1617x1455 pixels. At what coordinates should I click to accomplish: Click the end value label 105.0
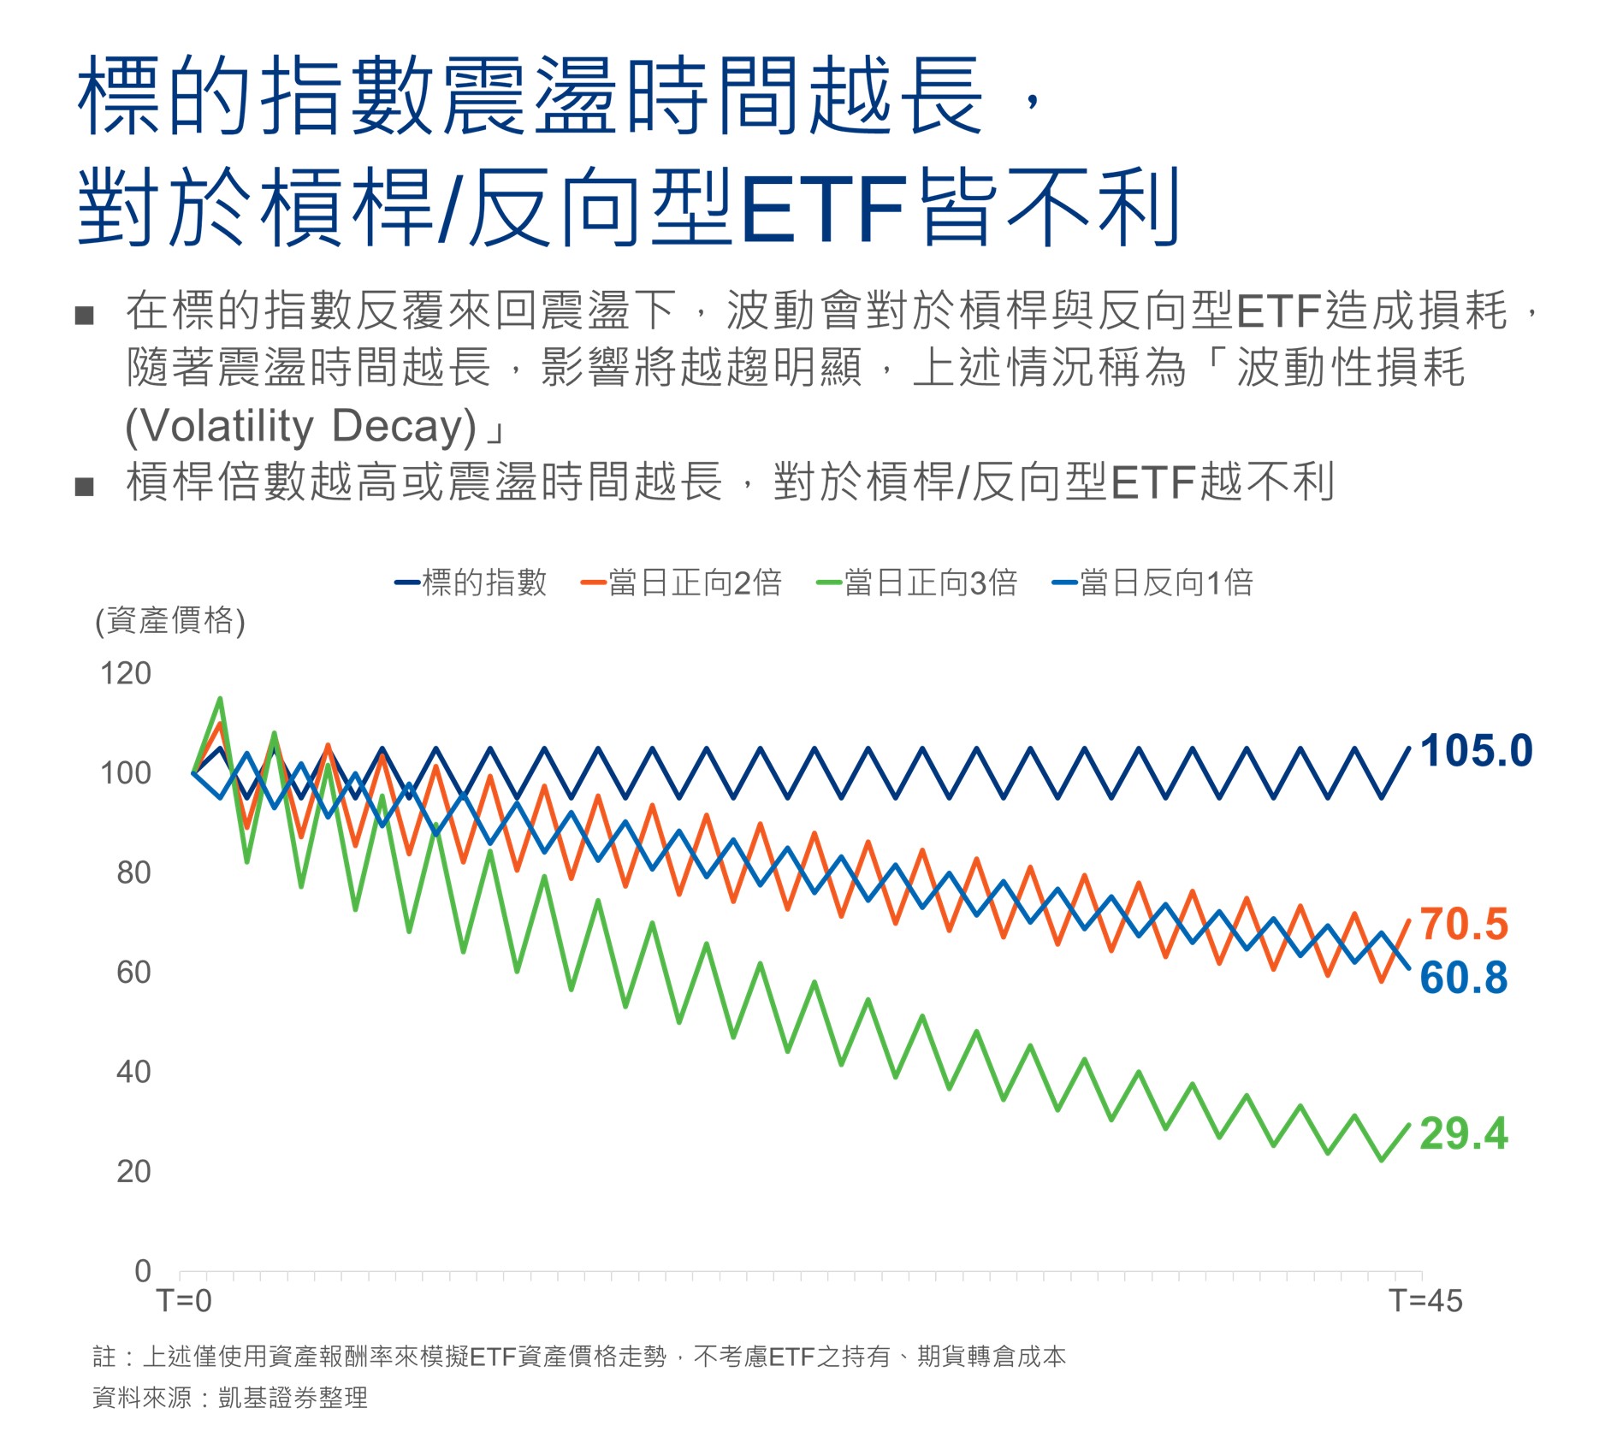[x=1476, y=751]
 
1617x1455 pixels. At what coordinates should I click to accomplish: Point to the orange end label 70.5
[x=1464, y=924]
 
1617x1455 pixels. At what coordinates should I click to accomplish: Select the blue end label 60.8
[x=1464, y=977]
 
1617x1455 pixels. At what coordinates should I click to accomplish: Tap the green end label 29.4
[x=1464, y=1133]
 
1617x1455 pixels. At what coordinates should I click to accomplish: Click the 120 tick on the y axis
[x=126, y=674]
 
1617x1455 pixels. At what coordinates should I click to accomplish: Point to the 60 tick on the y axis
[x=134, y=973]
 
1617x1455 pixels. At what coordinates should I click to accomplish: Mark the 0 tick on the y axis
[x=143, y=1271]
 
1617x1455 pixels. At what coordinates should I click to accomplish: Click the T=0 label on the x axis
[x=184, y=1301]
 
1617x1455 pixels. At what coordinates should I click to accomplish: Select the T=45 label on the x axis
[x=1425, y=1301]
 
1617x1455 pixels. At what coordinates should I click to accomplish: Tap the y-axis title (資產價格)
[x=170, y=621]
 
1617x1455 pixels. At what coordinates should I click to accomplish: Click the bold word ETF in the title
[x=822, y=208]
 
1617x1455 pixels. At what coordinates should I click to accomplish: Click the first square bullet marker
[x=84, y=316]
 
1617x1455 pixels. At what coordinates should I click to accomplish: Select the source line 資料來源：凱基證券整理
[x=229, y=1398]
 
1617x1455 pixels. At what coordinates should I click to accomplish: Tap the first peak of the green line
[x=221, y=699]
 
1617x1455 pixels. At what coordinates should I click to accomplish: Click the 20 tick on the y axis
[x=134, y=1172]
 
